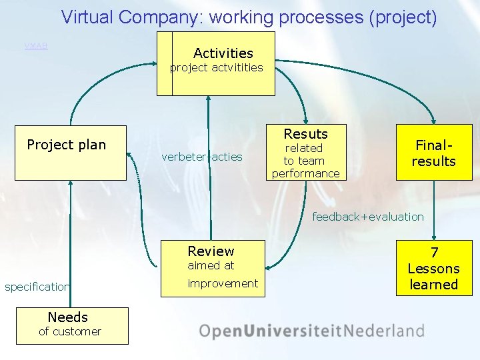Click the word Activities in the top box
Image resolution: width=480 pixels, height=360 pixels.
pyautogui.click(x=223, y=53)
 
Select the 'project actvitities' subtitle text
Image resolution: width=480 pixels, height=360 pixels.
pyautogui.click(x=217, y=68)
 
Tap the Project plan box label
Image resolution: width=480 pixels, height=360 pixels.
pyautogui.click(x=66, y=145)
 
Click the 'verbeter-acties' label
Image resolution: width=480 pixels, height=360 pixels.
pyautogui.click(x=202, y=157)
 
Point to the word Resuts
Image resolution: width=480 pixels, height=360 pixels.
pyautogui.click(x=305, y=134)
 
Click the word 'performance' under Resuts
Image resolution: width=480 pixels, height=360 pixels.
pyautogui.click(x=305, y=173)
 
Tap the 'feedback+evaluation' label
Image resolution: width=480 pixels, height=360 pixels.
pyautogui.click(x=368, y=217)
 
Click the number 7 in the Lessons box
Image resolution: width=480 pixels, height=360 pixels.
pyautogui.click(x=434, y=253)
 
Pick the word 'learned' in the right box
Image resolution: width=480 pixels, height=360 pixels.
pyautogui.click(x=434, y=285)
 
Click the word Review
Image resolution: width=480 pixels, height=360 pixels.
pyautogui.click(x=211, y=251)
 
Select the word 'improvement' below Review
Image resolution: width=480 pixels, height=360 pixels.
pyautogui.click(x=223, y=283)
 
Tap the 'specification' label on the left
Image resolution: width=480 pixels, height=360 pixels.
pyautogui.click(x=37, y=287)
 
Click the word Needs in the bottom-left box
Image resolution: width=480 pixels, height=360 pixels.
pyautogui.click(x=67, y=317)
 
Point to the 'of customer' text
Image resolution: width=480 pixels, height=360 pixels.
pyautogui.click(x=69, y=331)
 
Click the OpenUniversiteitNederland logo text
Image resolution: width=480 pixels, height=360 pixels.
pyautogui.click(x=311, y=331)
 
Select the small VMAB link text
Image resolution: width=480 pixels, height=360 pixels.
pyautogui.click(x=36, y=46)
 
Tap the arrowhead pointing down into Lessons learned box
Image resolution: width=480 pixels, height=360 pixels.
pyautogui.click(x=434, y=235)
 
